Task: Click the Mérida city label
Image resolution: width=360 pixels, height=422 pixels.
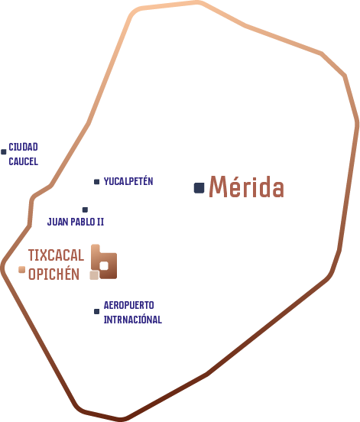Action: coord(246,187)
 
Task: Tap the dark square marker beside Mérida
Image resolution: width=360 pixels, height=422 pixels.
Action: coord(199,188)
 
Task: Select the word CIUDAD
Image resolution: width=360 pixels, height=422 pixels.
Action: coord(23,147)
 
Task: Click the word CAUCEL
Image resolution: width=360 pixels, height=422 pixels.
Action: coord(24,161)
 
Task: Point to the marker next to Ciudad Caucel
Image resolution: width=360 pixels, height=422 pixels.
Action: coord(4,152)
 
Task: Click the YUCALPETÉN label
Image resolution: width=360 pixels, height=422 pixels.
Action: coord(128,181)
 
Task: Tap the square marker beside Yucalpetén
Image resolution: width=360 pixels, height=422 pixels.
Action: coord(96,182)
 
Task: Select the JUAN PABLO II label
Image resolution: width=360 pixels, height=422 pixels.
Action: coord(76,222)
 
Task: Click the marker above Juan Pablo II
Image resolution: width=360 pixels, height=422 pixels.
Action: coord(85,209)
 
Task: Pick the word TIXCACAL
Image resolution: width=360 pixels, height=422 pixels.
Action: coord(56,255)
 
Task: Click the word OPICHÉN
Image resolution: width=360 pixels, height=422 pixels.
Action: coord(54,274)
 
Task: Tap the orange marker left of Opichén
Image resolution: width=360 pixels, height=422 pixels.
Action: coord(22,269)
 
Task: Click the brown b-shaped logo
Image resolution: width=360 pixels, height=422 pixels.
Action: coord(104,261)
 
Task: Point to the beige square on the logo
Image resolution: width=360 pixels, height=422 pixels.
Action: coord(94,275)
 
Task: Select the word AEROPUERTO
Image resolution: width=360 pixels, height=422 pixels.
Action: coord(129,305)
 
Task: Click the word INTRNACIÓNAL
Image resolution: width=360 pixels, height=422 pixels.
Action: coord(133,320)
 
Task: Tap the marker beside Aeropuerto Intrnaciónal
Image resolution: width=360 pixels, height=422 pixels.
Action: coord(96,311)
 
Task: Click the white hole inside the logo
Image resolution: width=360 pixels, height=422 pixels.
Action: coord(104,266)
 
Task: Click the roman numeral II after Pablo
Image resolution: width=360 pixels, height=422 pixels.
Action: coord(100,222)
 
